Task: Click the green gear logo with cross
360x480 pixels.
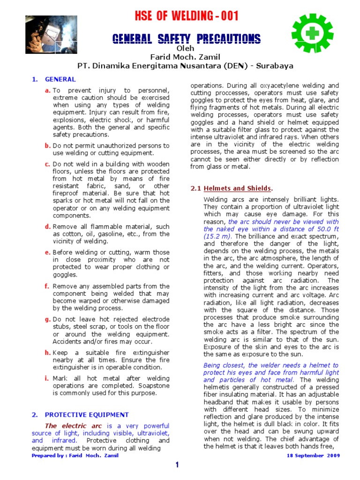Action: [x=312, y=33]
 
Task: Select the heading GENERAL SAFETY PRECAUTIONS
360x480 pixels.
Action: [x=186, y=38]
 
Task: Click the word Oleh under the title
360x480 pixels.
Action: [x=184, y=48]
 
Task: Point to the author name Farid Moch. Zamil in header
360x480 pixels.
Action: [x=184, y=57]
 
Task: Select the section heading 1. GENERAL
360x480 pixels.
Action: [x=53, y=79]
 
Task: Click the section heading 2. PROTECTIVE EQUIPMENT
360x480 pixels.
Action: [x=80, y=414]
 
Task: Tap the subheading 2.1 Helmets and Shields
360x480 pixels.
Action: [x=232, y=188]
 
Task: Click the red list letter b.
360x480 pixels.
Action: [x=47, y=146]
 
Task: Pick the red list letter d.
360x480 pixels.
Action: [x=47, y=226]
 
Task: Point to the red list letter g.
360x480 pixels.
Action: [x=47, y=319]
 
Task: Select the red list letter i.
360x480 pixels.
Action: [x=46, y=378]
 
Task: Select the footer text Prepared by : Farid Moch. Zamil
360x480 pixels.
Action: [x=75, y=455]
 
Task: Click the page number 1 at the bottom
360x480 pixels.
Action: [x=177, y=465]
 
